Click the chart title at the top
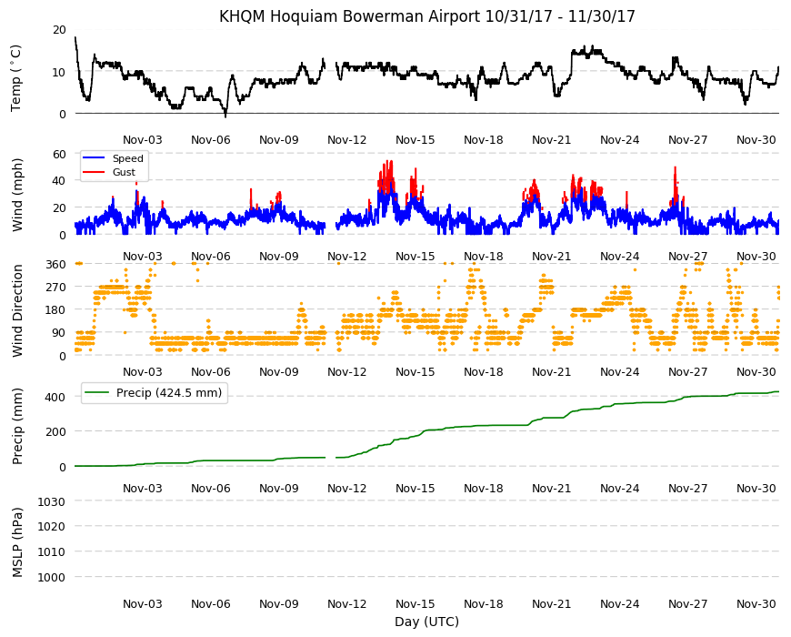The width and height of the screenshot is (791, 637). click(x=426, y=16)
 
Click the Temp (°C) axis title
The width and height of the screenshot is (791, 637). click(x=16, y=77)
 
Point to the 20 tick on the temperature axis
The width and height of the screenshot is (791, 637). click(x=59, y=30)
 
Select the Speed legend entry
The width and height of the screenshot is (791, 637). click(x=113, y=158)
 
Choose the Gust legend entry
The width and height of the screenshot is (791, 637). click(x=109, y=172)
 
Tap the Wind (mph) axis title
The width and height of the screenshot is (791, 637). click(x=17, y=195)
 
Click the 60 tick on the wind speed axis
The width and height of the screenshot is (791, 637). click(x=59, y=155)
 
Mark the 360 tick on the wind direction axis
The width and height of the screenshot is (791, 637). click(x=55, y=265)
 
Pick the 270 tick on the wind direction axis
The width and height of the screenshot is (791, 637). click(x=55, y=288)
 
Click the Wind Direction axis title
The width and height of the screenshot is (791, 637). click(x=17, y=311)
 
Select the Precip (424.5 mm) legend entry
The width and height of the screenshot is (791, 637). click(x=155, y=393)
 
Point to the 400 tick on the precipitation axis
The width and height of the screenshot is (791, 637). click(x=55, y=398)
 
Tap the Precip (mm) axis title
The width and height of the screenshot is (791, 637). click(x=17, y=426)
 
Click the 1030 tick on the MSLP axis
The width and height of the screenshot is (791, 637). click(x=52, y=502)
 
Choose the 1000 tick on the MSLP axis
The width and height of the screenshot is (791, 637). click(x=52, y=578)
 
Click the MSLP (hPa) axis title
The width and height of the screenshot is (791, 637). click(x=17, y=542)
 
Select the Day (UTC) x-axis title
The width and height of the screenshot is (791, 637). click(x=426, y=622)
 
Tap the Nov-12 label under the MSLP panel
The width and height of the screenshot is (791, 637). click(x=347, y=604)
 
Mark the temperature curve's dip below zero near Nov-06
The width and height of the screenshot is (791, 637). click(x=225, y=116)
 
